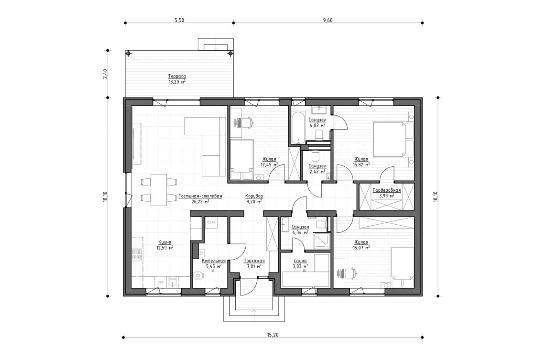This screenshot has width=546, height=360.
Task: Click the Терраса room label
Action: tap(177, 76)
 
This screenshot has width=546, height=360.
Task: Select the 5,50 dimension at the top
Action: tap(179, 20)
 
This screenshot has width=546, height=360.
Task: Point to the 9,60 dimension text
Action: tap(328, 20)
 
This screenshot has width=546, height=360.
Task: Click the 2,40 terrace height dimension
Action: tap(105, 74)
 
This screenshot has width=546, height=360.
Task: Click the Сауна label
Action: tap(300, 261)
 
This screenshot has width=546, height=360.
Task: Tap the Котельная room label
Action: tap(213, 261)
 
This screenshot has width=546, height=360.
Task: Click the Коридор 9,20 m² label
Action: tap(254, 196)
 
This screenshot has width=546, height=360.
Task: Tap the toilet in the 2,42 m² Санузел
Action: tap(315, 156)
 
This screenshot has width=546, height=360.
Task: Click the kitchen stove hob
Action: tap(137, 254)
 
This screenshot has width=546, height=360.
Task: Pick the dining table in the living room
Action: tap(158, 190)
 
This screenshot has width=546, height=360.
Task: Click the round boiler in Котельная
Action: tap(198, 276)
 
